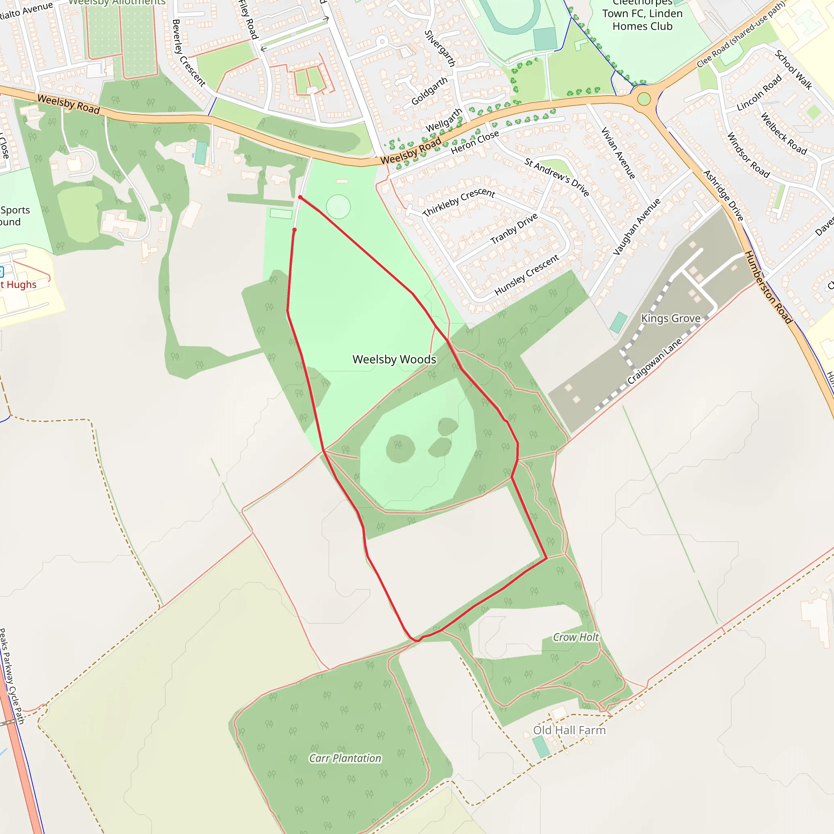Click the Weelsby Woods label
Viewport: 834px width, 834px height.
click(394, 359)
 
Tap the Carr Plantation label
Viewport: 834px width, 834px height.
click(345, 758)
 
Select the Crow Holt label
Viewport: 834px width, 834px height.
click(576, 637)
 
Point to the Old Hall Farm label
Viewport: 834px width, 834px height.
click(569, 730)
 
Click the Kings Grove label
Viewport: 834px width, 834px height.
click(670, 318)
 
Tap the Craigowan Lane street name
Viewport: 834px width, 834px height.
click(654, 361)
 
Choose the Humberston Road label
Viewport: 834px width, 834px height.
click(769, 287)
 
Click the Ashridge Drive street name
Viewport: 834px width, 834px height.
click(723, 195)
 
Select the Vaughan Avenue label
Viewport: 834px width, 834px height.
click(637, 227)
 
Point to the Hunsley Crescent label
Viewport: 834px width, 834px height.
click(527, 275)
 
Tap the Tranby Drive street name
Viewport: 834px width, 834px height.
click(514, 229)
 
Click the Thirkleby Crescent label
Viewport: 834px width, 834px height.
click(459, 202)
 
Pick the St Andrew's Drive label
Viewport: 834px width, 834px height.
click(557, 177)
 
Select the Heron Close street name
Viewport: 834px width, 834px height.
click(475, 142)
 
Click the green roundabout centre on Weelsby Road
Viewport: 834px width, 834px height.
click(644, 99)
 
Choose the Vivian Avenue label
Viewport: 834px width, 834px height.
click(618, 153)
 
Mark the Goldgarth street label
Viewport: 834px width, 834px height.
click(429, 91)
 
